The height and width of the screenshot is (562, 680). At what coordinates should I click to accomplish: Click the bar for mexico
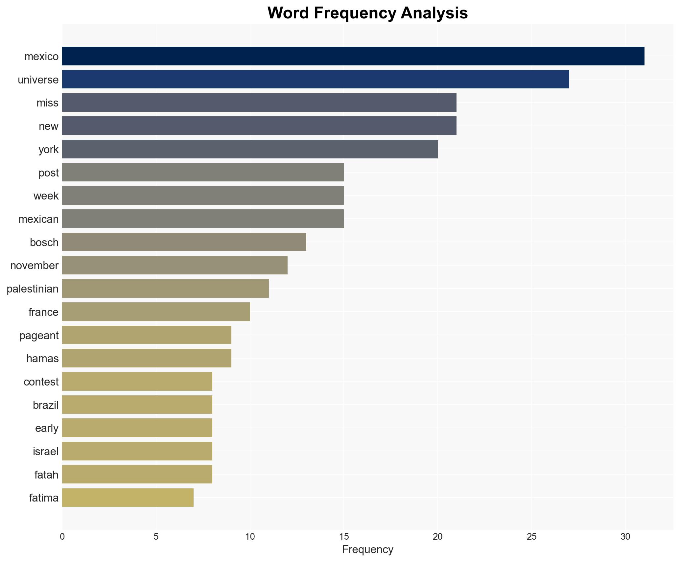[x=353, y=56]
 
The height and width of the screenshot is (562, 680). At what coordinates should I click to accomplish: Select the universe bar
[x=316, y=79]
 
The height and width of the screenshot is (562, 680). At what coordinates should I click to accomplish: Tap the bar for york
[x=250, y=149]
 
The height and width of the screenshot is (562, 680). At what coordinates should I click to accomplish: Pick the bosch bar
[x=184, y=242]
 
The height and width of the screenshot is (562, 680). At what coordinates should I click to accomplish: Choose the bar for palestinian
[x=165, y=288]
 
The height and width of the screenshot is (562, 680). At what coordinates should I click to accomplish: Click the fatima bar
[x=128, y=497]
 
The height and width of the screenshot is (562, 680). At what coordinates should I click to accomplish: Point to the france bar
[x=156, y=312]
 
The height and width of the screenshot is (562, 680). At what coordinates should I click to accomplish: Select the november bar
[x=175, y=265]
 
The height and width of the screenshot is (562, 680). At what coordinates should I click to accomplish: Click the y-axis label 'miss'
[x=47, y=103]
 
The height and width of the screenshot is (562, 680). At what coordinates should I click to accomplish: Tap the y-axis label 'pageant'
[x=39, y=335]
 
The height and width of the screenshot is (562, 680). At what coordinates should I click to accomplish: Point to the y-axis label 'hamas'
[x=42, y=358]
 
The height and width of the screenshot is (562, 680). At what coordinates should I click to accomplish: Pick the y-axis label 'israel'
[x=46, y=451]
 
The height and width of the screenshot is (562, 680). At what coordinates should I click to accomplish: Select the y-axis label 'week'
[x=46, y=196]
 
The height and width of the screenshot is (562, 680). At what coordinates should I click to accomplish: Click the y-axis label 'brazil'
[x=46, y=405]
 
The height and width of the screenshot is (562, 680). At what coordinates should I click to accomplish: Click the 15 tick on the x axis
[x=344, y=537]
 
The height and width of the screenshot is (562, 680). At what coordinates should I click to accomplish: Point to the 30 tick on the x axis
[x=625, y=537]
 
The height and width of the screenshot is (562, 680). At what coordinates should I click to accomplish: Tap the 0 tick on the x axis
[x=62, y=537]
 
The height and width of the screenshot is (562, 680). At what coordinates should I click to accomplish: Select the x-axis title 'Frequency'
[x=367, y=550]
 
